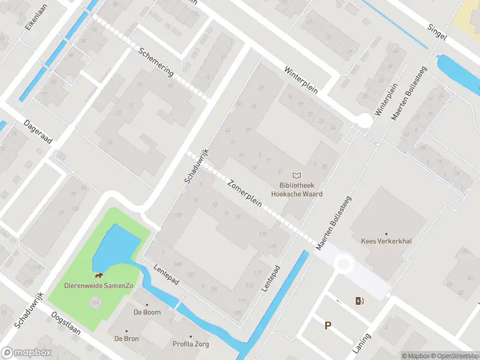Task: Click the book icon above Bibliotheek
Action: (296, 175)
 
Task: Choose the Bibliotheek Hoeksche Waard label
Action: (296, 190)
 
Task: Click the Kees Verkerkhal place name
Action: (386, 241)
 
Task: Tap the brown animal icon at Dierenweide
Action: (98, 276)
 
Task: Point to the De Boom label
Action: (146, 312)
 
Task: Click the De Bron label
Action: (127, 338)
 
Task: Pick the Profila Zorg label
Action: (191, 344)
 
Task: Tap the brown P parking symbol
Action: (328, 326)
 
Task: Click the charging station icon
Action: (359, 301)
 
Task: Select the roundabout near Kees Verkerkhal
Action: (343, 263)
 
